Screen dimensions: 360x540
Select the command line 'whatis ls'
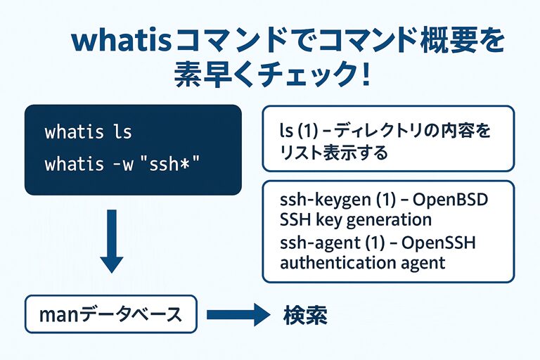[x=88, y=132]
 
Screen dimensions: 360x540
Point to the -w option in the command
[x=118, y=165]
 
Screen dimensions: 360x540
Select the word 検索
[x=306, y=314]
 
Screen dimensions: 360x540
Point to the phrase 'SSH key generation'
[x=355, y=219]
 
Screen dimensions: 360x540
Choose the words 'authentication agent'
[x=363, y=263]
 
